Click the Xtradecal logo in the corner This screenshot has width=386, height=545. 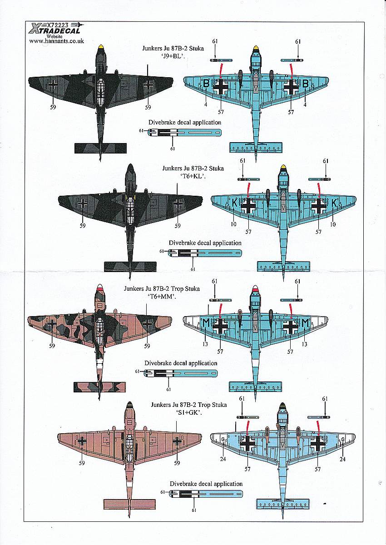coord(55,28)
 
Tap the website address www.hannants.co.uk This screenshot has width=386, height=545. coord(56,41)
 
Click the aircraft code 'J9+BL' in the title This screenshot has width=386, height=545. coord(173,57)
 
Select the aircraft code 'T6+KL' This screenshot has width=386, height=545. coord(193,177)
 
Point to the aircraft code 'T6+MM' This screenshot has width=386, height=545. coord(162,297)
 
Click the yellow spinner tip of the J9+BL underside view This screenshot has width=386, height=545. coord(255,48)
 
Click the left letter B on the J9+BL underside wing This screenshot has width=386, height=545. coord(206,84)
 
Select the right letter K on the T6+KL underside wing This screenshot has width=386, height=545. coord(334,203)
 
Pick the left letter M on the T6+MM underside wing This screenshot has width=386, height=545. coord(206,323)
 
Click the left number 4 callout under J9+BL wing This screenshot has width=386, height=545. coord(206,104)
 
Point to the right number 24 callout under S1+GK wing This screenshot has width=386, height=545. coord(342,459)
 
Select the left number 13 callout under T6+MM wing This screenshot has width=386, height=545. coord(205,344)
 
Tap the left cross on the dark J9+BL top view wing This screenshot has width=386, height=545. coord(53,84)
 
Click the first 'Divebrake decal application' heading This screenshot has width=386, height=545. coord(185,122)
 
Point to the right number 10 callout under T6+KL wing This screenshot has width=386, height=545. coord(333,224)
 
